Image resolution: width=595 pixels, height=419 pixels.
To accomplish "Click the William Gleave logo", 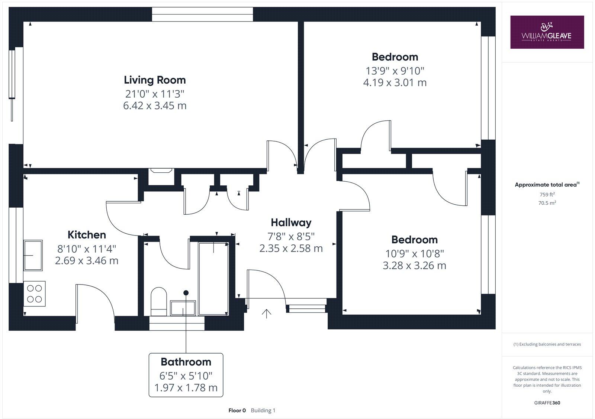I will [x=547, y=32].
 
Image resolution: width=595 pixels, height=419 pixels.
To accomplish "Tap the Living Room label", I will [x=155, y=80].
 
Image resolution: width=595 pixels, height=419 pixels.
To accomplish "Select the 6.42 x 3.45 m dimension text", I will [x=155, y=106].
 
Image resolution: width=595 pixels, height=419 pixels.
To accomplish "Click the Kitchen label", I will [x=87, y=235].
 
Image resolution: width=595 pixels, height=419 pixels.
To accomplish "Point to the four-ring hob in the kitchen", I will [x=34, y=293].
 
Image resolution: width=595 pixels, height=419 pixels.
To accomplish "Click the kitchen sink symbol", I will [x=33, y=255].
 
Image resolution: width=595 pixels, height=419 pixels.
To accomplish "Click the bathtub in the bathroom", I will [x=213, y=279].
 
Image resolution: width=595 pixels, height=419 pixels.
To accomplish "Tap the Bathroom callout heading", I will [x=186, y=362].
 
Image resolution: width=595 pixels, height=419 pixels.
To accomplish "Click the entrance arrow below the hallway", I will [x=266, y=314].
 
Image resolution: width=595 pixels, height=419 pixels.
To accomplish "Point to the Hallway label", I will [x=291, y=223].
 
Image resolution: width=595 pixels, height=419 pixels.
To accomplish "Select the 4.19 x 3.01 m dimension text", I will [x=395, y=82].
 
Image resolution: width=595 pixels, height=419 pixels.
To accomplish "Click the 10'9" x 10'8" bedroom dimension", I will [x=414, y=253].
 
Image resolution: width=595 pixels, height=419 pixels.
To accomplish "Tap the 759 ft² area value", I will [x=547, y=194].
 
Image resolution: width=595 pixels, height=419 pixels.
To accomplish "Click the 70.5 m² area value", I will [x=547, y=203].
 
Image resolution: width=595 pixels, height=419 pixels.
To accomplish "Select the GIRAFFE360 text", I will [x=547, y=403].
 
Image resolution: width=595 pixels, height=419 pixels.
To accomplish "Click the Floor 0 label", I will [x=237, y=410].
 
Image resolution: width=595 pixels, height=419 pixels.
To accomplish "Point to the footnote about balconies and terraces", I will [x=547, y=344].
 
